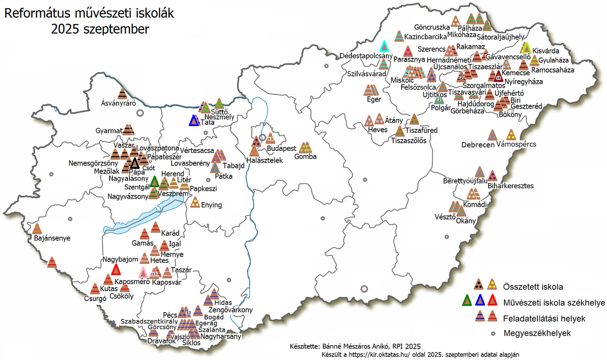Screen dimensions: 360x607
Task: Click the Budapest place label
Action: point(282,148)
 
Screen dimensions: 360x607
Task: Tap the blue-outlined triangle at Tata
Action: point(193,121)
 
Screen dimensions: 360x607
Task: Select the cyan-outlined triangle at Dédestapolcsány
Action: point(384,46)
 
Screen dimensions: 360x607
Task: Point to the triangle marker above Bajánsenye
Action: point(37,229)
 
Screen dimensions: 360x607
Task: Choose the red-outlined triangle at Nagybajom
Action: point(116,269)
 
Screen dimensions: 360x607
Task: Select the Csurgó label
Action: point(93,299)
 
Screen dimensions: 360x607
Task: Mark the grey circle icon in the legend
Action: point(493,333)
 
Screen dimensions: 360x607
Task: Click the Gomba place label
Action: point(305,157)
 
